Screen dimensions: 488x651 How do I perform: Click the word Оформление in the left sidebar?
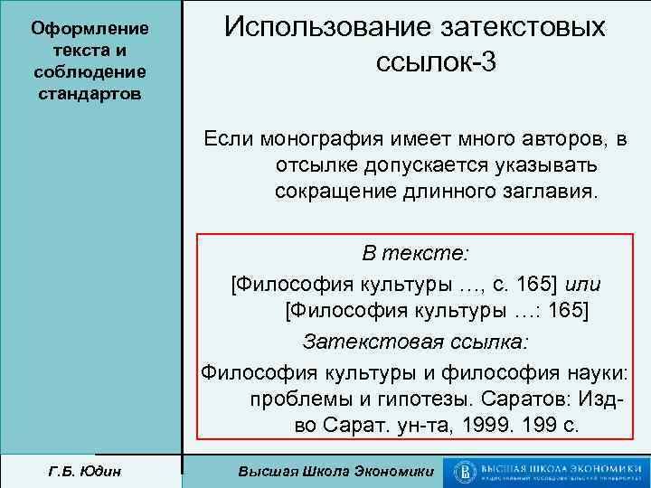point(90,29)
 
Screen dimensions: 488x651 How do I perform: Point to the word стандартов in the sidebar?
point(90,94)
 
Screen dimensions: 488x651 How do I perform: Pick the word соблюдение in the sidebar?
point(90,72)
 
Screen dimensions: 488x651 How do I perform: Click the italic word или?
point(582,285)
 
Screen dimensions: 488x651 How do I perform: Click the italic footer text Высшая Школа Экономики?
point(334,472)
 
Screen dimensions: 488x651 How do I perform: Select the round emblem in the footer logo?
point(467,471)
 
